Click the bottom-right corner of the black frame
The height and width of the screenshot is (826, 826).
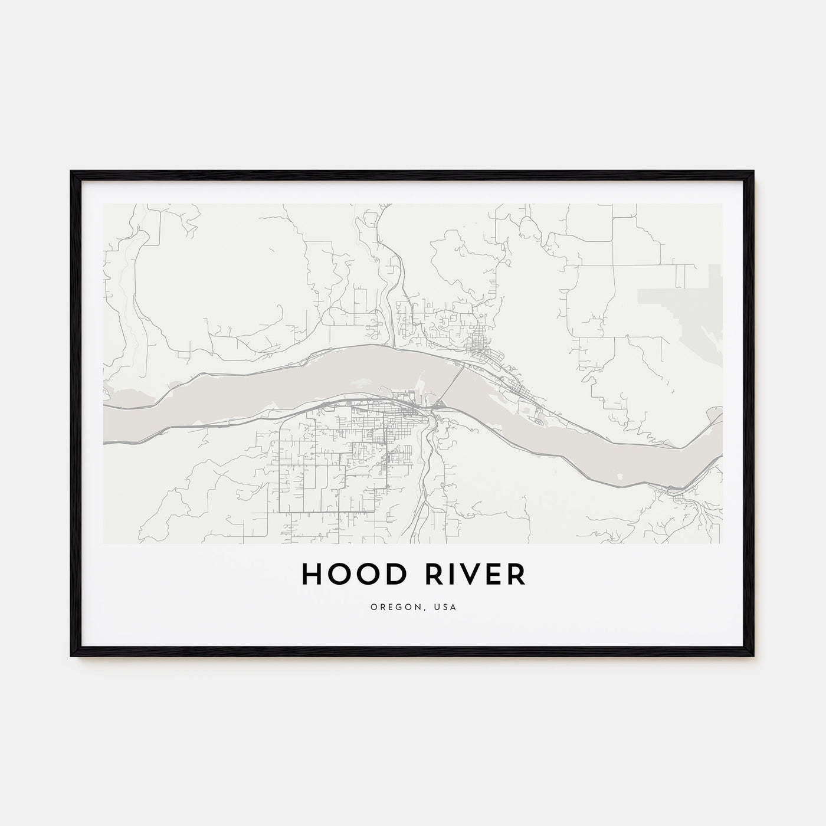(x=753, y=656)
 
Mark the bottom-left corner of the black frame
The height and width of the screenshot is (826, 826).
(x=72, y=656)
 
